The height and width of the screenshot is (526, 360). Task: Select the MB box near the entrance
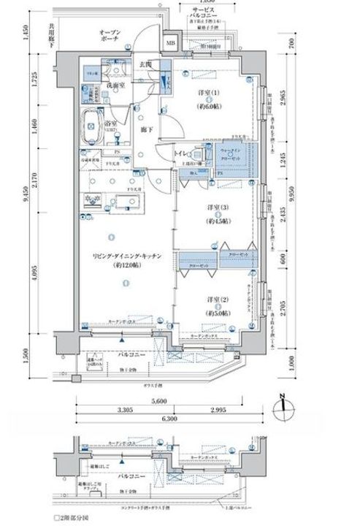click(171, 42)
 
